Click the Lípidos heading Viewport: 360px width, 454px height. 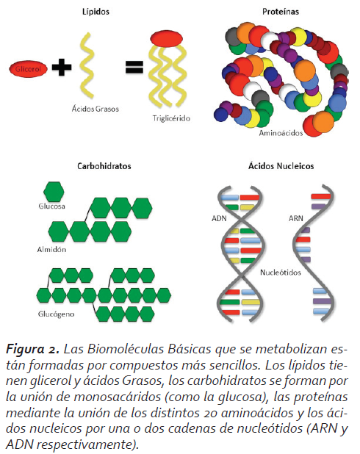tap(96, 12)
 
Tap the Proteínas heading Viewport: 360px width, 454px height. tap(281, 12)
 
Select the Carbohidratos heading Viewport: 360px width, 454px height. tap(104, 166)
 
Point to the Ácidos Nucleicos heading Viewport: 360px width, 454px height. tap(281, 165)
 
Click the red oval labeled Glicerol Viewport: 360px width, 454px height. tap(28, 69)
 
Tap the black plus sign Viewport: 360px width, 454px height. tap(62, 67)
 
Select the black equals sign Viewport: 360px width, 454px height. tap(134, 67)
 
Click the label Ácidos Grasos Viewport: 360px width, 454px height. tap(96, 109)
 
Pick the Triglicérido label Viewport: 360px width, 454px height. tap(171, 118)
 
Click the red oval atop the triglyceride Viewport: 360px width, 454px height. tap(167, 38)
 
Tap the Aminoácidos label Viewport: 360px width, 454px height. tap(281, 133)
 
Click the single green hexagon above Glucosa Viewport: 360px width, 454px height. tap(54, 192)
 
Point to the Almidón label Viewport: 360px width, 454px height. tap(51, 249)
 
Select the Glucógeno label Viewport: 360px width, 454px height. tap(56, 314)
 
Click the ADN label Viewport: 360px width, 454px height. tap(219, 218)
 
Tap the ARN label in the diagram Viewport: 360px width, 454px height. tap(295, 218)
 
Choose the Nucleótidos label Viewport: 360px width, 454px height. tap(281, 273)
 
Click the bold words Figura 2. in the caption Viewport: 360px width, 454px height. tap(32, 350)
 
